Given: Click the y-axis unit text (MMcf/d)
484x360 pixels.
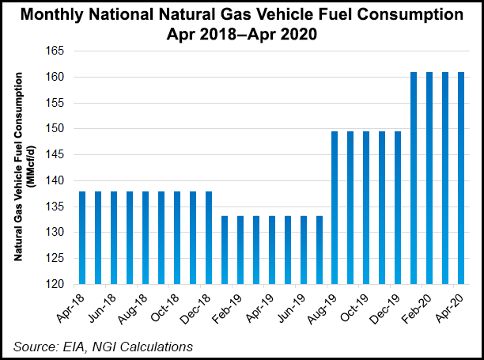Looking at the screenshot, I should (x=31, y=166).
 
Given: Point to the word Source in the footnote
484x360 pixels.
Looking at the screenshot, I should (x=34, y=346).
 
